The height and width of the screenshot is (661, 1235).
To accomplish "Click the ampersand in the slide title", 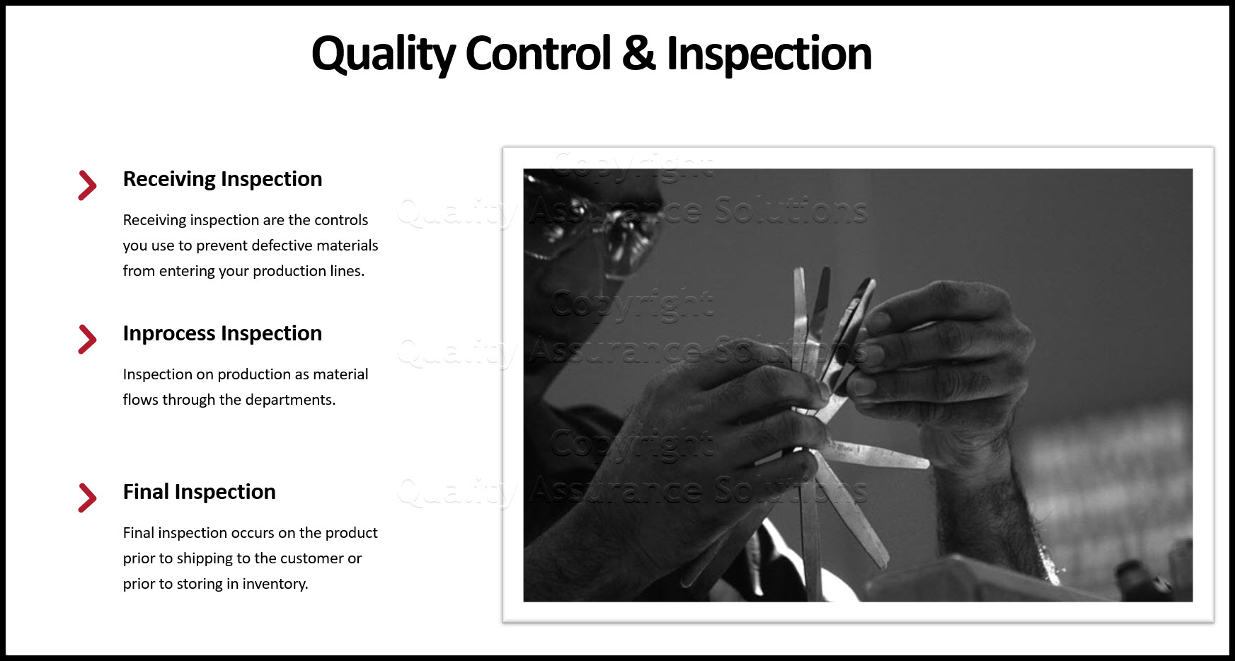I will coord(638,54).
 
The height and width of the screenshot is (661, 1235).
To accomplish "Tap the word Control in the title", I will coord(538,54).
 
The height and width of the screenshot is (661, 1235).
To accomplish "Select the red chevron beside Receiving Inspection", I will coord(87,185).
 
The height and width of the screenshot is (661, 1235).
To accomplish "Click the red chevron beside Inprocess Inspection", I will coord(87,339).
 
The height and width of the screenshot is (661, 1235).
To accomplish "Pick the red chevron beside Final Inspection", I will coord(87,498).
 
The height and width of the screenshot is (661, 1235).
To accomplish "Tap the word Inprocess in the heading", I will coord(169,334).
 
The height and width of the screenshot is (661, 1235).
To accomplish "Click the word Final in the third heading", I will coord(146,492).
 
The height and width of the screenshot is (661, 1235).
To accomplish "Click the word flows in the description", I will coord(140,400).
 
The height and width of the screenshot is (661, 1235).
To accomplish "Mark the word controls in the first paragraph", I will coord(341,220).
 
